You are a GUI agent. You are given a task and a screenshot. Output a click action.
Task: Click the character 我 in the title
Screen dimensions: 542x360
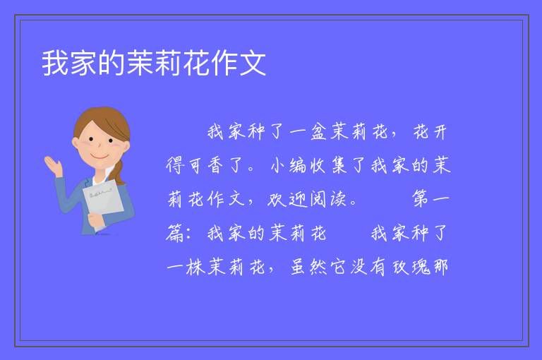[56, 63]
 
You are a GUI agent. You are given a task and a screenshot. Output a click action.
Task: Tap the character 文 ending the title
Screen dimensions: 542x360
[253, 63]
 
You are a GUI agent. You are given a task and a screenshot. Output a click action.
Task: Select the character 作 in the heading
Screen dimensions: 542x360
[224, 63]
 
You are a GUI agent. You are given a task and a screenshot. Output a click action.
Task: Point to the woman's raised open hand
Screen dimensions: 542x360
[53, 165]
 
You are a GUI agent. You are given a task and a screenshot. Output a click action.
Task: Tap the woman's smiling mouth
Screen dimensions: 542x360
[100, 157]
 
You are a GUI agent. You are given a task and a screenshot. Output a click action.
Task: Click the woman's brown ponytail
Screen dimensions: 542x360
[118, 172]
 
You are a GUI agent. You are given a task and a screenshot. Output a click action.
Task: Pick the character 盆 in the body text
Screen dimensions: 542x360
[318, 132]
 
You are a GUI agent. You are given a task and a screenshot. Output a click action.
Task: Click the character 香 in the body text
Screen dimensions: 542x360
[215, 165]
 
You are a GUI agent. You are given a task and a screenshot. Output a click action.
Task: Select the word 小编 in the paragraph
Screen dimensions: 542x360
[289, 165]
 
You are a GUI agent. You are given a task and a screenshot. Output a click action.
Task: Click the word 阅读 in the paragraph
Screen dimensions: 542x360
[328, 199]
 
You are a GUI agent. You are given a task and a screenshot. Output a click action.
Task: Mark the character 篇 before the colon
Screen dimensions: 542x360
[174, 233]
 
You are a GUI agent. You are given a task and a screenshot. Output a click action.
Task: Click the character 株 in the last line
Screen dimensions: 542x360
[195, 266]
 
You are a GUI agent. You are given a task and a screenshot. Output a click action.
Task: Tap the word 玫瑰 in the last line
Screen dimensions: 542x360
[411, 266]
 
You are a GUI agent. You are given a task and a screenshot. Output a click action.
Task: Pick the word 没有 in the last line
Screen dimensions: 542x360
[368, 266]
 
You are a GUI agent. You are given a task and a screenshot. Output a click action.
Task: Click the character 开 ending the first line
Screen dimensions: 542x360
[440, 132]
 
